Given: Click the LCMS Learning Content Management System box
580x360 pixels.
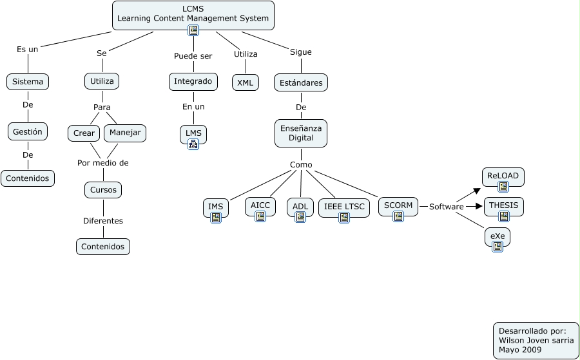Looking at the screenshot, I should click(x=193, y=14).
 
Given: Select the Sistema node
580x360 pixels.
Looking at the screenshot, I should click(x=28, y=82).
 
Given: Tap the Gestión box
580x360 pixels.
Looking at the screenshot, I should click(x=28, y=131).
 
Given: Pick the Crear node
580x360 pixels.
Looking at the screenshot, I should click(x=84, y=133).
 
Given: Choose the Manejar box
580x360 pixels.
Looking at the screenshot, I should click(x=125, y=133).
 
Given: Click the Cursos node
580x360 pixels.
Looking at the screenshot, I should click(x=103, y=190).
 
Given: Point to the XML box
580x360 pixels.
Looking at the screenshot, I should click(x=245, y=82).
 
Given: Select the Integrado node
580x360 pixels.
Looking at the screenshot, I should click(x=193, y=82).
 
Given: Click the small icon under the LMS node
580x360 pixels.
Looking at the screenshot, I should click(x=193, y=145).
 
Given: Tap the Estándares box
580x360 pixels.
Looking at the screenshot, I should click(x=301, y=82).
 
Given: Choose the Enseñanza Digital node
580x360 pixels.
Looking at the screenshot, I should click(x=301, y=133).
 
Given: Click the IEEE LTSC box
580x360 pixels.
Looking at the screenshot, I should click(x=344, y=207).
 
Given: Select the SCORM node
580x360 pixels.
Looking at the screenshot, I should click(x=398, y=205).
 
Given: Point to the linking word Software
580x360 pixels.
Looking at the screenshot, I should click(x=446, y=207).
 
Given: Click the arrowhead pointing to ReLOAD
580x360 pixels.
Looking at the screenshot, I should click(x=477, y=190).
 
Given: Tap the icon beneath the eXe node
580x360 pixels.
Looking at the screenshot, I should click(x=498, y=247).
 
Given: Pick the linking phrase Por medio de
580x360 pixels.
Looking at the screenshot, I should click(x=103, y=163).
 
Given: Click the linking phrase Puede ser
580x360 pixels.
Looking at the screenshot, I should click(x=193, y=56).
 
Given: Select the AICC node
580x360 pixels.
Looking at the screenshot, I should click(x=260, y=205).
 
